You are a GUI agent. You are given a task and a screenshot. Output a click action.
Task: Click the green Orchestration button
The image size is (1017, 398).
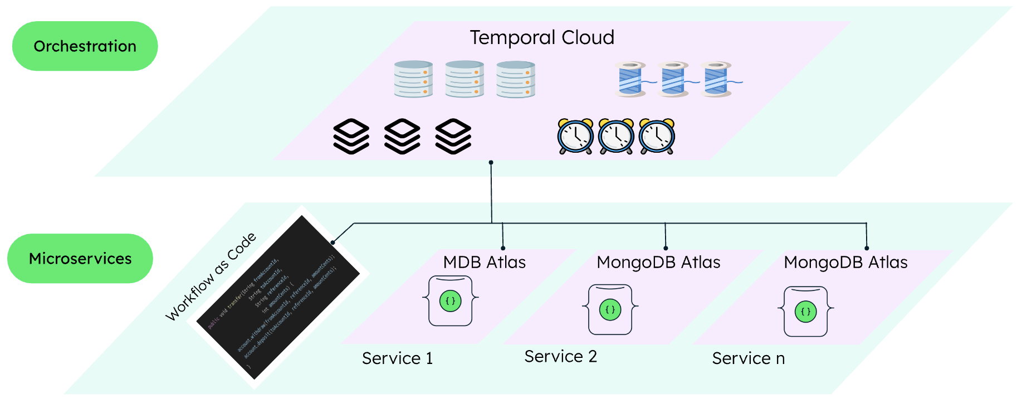[x=85, y=46]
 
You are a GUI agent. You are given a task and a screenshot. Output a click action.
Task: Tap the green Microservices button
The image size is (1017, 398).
[x=80, y=259]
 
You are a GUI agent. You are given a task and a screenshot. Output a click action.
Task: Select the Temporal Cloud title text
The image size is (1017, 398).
[x=541, y=38]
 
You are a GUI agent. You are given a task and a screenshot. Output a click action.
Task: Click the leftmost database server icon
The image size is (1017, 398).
[x=413, y=79]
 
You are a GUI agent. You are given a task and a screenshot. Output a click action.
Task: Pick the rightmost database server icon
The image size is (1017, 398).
[x=516, y=79]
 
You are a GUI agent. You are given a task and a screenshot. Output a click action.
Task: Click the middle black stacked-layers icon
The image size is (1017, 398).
[x=402, y=137]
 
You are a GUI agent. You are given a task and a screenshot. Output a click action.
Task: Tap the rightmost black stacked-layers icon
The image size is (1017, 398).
[x=453, y=137]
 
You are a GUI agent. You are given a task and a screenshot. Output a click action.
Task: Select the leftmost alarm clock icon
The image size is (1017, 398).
[x=575, y=137]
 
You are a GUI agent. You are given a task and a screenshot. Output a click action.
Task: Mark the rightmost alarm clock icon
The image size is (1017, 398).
[x=657, y=137]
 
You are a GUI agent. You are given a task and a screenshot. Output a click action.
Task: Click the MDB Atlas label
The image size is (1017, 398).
[x=484, y=263]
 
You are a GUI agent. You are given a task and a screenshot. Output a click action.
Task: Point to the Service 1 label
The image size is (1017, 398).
[x=397, y=358]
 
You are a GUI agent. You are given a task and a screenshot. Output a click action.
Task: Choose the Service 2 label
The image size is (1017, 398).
[x=560, y=357]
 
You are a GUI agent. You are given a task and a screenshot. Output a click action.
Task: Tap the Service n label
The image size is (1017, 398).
[x=748, y=358]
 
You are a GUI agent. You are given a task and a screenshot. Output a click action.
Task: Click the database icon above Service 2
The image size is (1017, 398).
[x=610, y=309]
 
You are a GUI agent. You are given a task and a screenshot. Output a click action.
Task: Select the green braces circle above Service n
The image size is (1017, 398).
[x=805, y=312]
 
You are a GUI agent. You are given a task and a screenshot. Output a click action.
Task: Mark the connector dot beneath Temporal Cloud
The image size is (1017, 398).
[x=491, y=163]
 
